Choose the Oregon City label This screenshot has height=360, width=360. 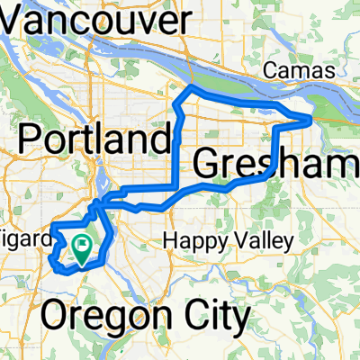point(146,317)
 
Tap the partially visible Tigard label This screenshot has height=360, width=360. point(20,244)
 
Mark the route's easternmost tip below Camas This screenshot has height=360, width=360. point(310,118)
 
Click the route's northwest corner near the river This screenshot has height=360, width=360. point(186,89)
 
